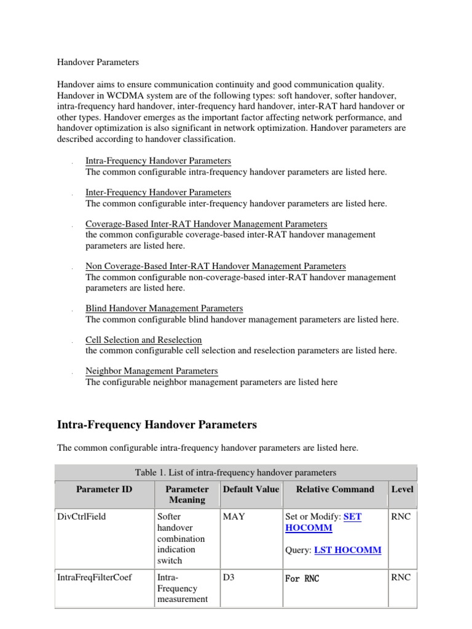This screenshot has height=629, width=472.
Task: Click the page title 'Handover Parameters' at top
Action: pyautogui.click(x=98, y=62)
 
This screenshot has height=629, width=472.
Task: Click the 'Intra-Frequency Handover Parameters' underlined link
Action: pyautogui.click(x=158, y=161)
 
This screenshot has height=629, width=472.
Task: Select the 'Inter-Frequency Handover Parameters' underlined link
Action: pyautogui.click(x=158, y=192)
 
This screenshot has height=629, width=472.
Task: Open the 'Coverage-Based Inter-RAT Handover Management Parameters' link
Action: pyautogui.click(x=206, y=224)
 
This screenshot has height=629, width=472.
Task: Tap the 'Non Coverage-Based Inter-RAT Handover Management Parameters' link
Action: pyautogui.click(x=215, y=266)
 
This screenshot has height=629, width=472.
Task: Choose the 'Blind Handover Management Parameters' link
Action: pyautogui.click(x=164, y=308)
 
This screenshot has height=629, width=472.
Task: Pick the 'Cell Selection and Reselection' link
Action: pyautogui.click(x=143, y=340)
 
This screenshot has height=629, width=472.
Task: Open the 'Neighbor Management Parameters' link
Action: pyautogui.click(x=151, y=371)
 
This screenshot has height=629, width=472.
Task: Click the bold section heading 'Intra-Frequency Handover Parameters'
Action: pyautogui.click(x=157, y=424)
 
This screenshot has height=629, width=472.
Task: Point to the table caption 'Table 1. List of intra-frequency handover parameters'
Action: pyautogui.click(x=236, y=472)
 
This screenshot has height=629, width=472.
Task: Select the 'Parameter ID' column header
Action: pyautogui.click(x=104, y=490)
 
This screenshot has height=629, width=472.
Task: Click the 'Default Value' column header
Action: pyautogui.click(x=251, y=490)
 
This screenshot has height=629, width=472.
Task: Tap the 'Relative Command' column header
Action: pyautogui.click(x=335, y=490)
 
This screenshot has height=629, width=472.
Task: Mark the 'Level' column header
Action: pyautogui.click(x=402, y=490)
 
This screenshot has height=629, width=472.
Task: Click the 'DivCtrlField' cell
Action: pyautogui.click(x=81, y=517)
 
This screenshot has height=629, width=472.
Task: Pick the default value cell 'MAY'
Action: pyautogui.click(x=234, y=517)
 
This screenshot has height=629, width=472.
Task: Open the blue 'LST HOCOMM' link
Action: pyautogui.click(x=347, y=550)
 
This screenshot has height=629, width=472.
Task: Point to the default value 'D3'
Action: pyautogui.click(x=229, y=577)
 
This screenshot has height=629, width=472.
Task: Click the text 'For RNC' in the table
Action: pyautogui.click(x=302, y=578)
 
